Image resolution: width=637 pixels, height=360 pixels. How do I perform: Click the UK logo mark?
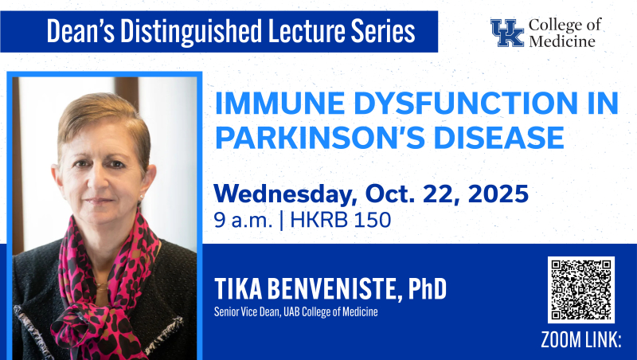507,33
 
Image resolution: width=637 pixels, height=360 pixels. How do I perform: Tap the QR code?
581,290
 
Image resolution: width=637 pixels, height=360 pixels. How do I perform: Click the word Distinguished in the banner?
190,31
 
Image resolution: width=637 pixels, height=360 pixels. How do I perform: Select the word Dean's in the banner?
80,31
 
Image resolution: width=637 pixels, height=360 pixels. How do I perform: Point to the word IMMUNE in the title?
280,104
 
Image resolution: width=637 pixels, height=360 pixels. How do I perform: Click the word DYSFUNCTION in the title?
465,104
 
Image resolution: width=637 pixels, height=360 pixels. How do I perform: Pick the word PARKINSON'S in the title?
321,138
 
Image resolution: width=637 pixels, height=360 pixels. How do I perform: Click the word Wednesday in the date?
286,194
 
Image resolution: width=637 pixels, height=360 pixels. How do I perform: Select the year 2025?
498,194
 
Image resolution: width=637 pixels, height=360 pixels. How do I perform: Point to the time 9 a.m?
243,221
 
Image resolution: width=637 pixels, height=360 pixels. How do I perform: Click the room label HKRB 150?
341,221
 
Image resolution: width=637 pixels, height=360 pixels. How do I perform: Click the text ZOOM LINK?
581,339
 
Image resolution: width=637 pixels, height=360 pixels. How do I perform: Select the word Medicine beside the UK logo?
562,41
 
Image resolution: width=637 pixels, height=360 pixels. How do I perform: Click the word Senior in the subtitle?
226,311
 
